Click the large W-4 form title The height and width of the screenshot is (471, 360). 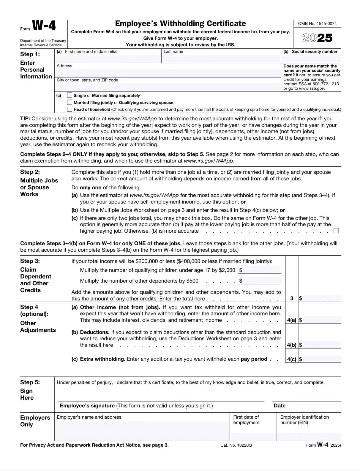click(x=44, y=26)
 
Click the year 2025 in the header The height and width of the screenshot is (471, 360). click(x=317, y=38)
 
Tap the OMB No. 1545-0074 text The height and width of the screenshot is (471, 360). click(x=317, y=23)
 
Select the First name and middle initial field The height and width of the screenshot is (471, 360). click(x=108, y=58)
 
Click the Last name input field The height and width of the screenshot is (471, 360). click(x=221, y=58)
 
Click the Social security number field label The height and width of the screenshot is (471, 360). click(x=314, y=52)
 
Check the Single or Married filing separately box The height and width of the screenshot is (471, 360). click(x=70, y=95)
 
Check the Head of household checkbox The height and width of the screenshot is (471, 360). click(x=70, y=109)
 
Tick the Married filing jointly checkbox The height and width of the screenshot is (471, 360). click(x=70, y=103)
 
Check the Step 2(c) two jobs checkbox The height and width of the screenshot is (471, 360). click(x=336, y=231)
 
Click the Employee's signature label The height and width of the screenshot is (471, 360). click(x=87, y=406)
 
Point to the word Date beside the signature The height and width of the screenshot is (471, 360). click(x=280, y=406)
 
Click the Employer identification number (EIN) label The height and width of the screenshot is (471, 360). click(x=304, y=420)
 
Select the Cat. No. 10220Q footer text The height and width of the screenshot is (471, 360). click(x=236, y=445)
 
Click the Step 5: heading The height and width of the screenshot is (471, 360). click(x=30, y=382)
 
